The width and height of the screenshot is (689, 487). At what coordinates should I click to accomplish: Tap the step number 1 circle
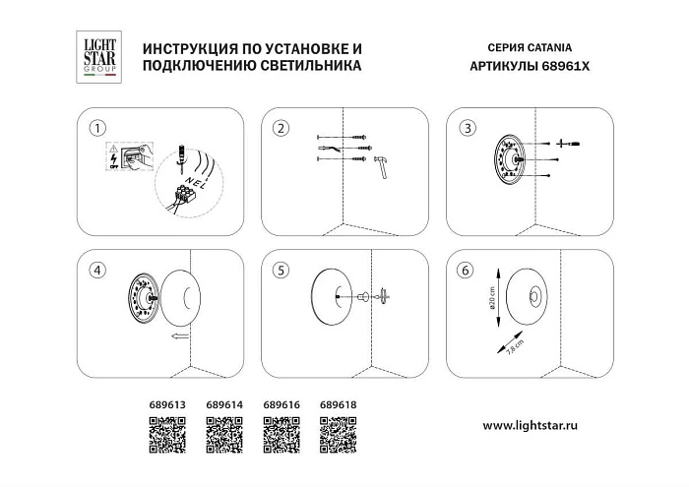[x=95, y=129]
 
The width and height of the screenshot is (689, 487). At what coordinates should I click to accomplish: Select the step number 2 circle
[x=281, y=129]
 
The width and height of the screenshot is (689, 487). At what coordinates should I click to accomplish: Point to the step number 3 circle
[x=468, y=129]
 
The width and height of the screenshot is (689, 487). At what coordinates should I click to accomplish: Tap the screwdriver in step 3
[x=567, y=144]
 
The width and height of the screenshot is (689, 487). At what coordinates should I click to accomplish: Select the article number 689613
[x=167, y=403]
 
